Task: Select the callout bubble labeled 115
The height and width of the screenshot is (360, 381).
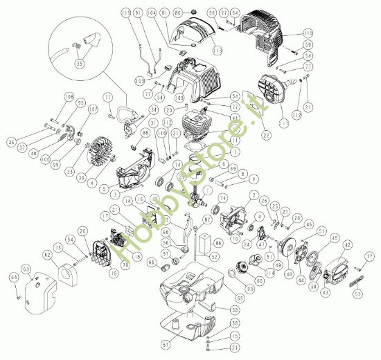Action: coord(125,13)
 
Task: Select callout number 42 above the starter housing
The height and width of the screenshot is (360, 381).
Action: coord(347,244)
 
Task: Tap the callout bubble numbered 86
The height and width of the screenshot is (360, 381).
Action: coord(218,244)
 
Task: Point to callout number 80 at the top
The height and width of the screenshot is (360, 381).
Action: coord(177,13)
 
